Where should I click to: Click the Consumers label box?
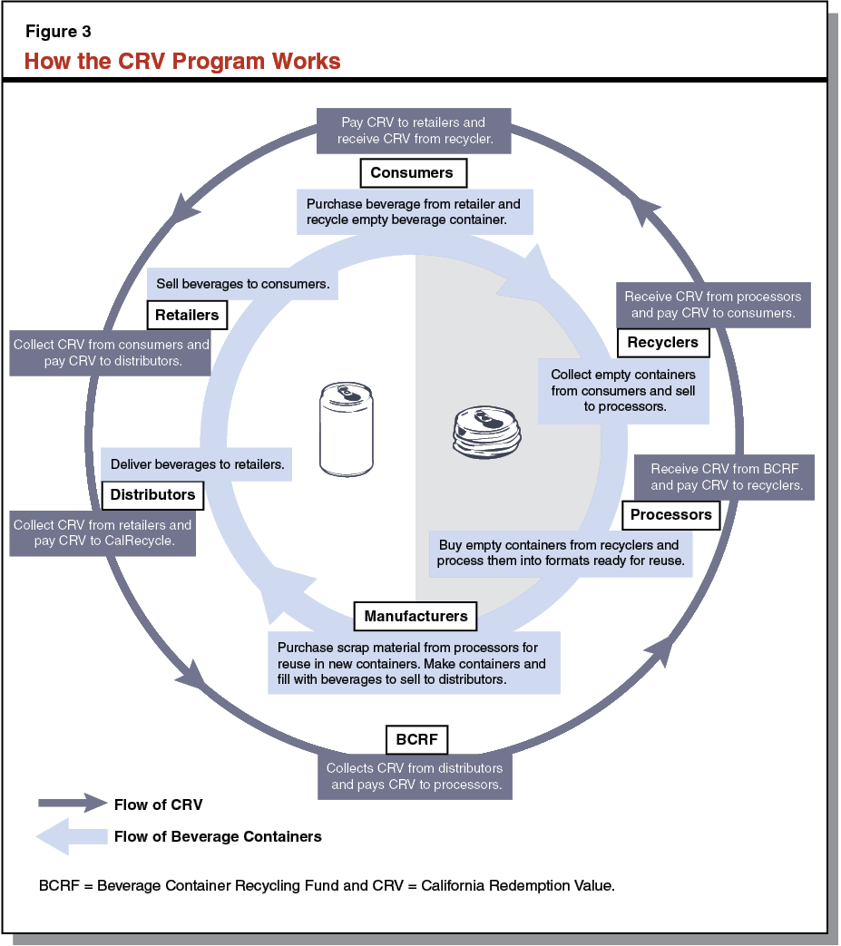click(413, 172)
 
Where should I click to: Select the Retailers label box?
click(187, 316)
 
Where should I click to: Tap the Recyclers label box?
click(662, 342)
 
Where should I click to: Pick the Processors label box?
click(670, 514)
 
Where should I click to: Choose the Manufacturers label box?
click(416, 617)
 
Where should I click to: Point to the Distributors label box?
click(152, 495)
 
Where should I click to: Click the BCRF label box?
click(416, 739)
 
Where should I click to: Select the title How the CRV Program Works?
click(182, 61)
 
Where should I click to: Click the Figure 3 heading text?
click(58, 32)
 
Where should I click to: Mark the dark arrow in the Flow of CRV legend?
click(73, 803)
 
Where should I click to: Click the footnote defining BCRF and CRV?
click(328, 885)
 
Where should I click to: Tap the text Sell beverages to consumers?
click(242, 284)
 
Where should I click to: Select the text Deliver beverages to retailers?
click(197, 464)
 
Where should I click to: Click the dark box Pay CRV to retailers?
click(413, 131)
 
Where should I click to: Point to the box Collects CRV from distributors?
click(416, 776)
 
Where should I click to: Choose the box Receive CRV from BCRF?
click(726, 477)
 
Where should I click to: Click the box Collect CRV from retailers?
click(103, 533)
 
